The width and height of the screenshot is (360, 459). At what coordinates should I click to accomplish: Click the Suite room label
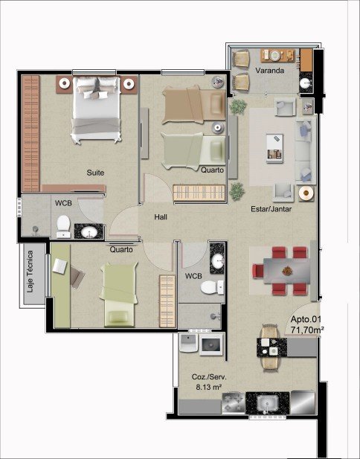coord(95,173)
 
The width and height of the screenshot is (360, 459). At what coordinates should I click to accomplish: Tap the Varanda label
coord(269,71)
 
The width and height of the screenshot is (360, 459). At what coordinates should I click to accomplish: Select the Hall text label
coord(161,217)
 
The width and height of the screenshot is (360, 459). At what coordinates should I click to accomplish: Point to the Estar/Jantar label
coord(271,209)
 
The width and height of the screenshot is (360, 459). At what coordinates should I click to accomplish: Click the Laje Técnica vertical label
coord(30,272)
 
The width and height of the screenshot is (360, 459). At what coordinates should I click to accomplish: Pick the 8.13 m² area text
coord(208,387)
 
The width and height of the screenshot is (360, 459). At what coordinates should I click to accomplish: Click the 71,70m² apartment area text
coord(307,330)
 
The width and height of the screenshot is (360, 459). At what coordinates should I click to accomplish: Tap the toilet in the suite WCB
coord(63,227)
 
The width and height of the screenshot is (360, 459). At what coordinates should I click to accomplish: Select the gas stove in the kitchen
coord(234,403)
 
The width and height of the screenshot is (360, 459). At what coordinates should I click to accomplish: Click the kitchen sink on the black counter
coord(268,403)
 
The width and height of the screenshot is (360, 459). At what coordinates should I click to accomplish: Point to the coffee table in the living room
coord(274,148)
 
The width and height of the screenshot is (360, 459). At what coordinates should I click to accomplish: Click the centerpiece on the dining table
coord(287,271)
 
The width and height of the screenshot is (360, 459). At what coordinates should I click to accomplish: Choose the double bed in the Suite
coord(96,109)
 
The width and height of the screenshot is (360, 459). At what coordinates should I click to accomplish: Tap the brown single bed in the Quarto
coord(193,104)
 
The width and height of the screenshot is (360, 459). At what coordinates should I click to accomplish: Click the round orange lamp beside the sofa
coord(306,193)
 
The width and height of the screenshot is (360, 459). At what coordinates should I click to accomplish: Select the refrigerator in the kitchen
coord(303,402)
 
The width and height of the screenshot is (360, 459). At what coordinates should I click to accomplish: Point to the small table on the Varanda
coord(277,56)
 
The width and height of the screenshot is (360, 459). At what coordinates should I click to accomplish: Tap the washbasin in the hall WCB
coord(217,260)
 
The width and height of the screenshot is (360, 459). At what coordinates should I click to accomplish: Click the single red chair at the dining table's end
coord(258,271)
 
